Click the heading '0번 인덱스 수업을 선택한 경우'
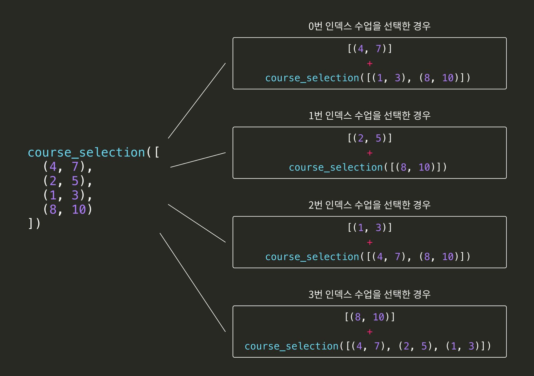pyautogui.click(x=369, y=26)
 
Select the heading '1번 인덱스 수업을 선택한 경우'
pyautogui.click(x=369, y=116)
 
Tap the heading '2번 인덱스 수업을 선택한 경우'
pyautogui.click(x=369, y=205)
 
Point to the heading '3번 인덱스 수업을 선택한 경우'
pyautogui.click(x=369, y=294)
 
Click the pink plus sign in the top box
pyautogui.click(x=369, y=64)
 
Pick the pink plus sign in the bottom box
pyautogui.click(x=369, y=332)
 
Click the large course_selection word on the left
pyautogui.click(x=86, y=153)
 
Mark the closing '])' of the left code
pyautogui.click(x=34, y=223)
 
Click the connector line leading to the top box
pyautogui.click(x=197, y=100)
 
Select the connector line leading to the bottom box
pyautogui.click(x=193, y=282)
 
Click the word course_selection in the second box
pyautogui.click(x=336, y=167)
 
